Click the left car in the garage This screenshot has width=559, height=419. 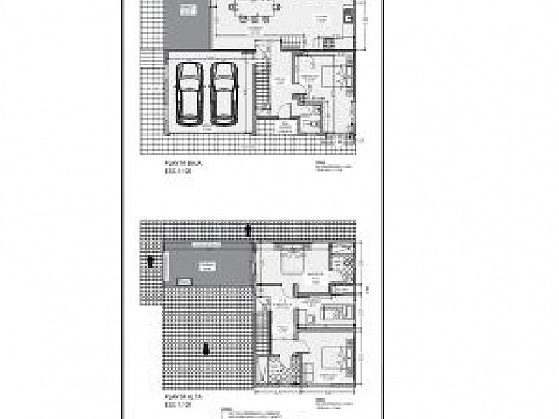pyautogui.click(x=189, y=91)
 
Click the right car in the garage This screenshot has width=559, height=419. pyautogui.click(x=224, y=91)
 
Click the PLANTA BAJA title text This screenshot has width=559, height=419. pyautogui.click(x=179, y=162)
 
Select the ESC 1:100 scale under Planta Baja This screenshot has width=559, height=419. pyautogui.click(x=177, y=171)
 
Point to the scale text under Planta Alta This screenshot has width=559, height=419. pyautogui.click(x=177, y=404)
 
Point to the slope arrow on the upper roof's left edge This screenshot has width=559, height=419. pyautogui.click(x=151, y=260)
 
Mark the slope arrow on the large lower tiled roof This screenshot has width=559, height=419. pyautogui.click(x=206, y=349)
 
